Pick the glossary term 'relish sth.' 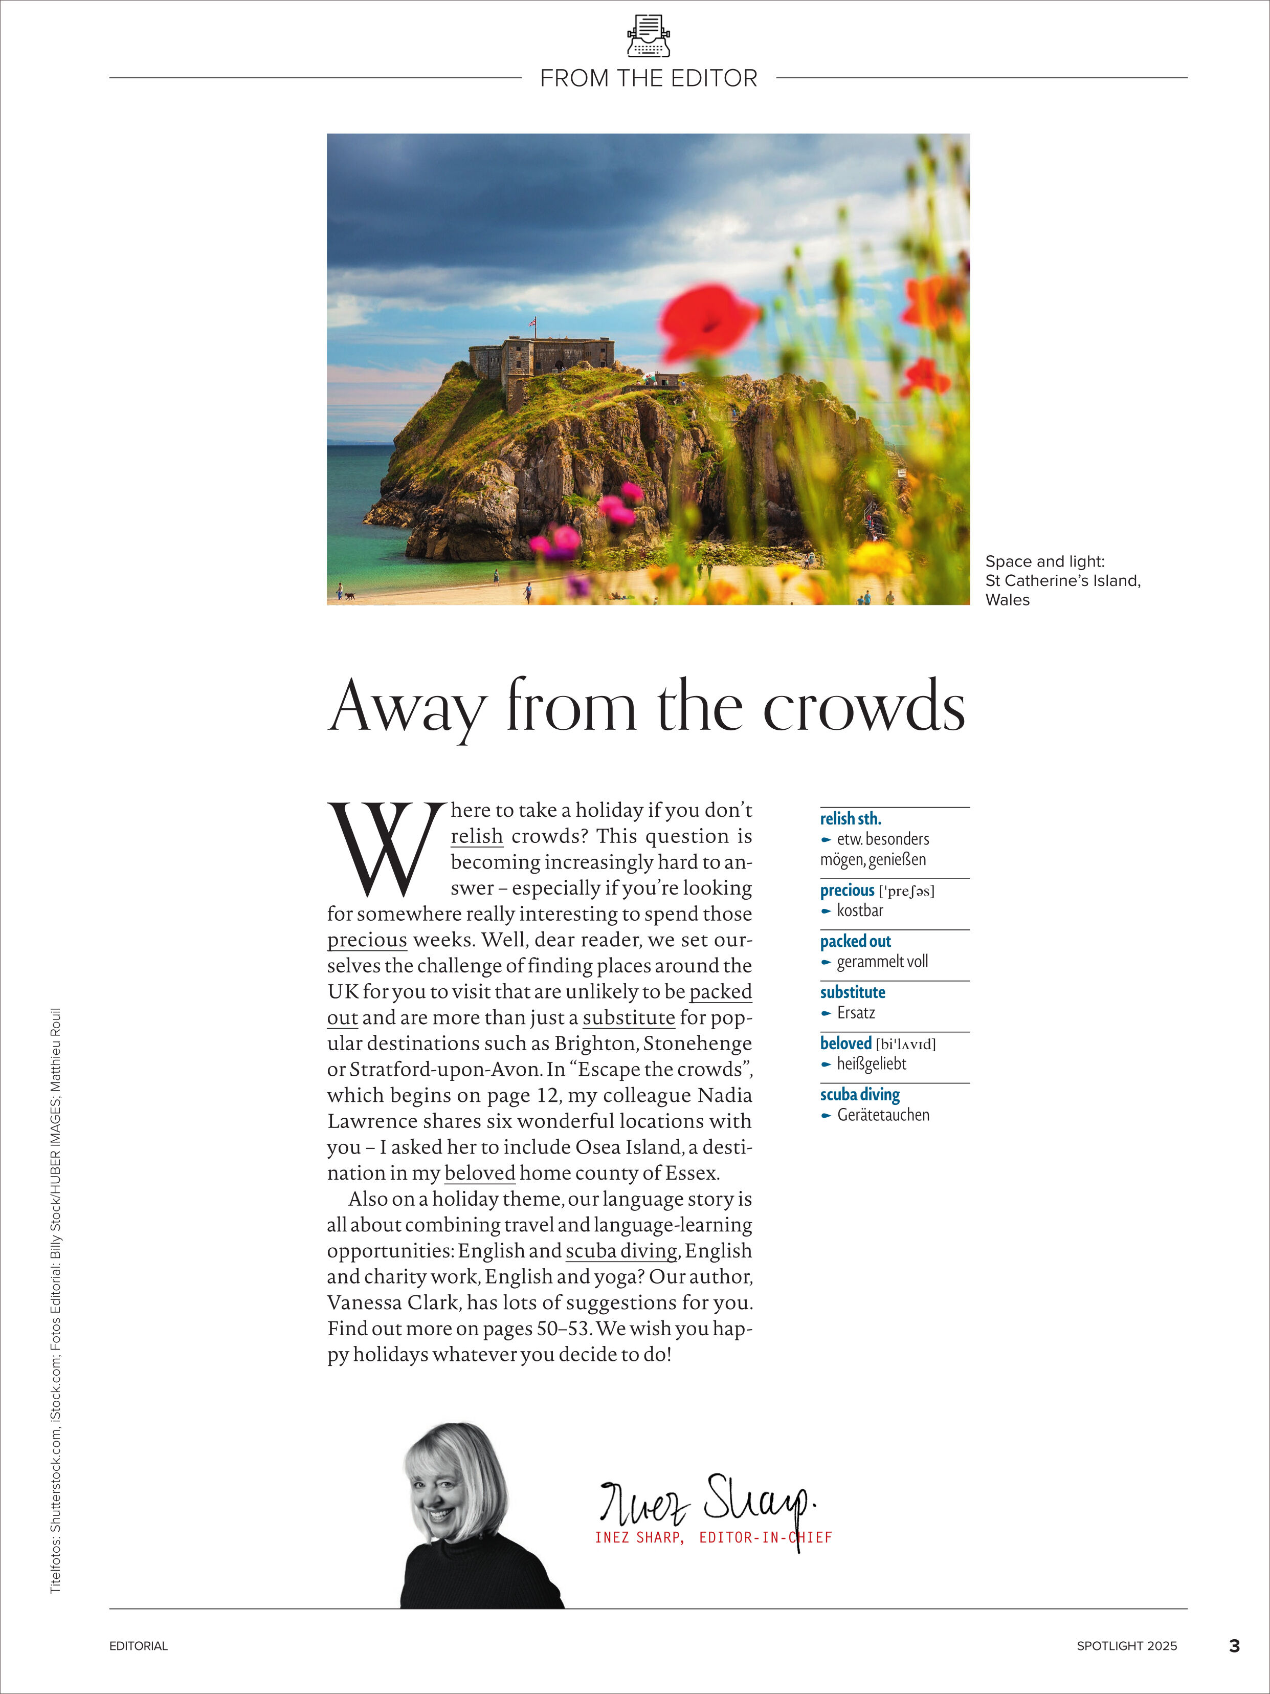(851, 819)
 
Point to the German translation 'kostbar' (860, 910)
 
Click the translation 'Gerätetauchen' (883, 1115)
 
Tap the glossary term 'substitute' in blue (852, 992)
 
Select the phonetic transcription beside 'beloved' (906, 1044)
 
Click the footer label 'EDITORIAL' (139, 1646)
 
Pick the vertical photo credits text (56, 1302)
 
